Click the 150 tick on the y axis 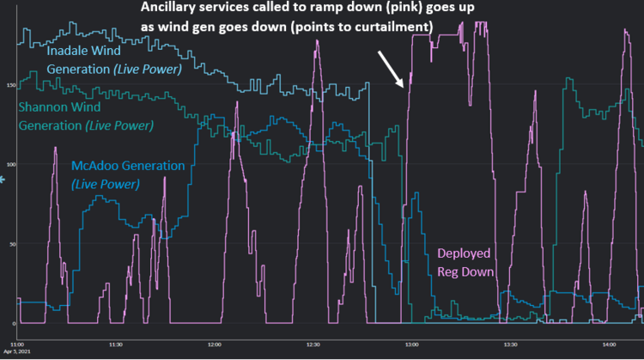9,85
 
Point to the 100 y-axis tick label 9,164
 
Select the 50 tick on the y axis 11,244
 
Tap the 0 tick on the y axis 13,324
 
